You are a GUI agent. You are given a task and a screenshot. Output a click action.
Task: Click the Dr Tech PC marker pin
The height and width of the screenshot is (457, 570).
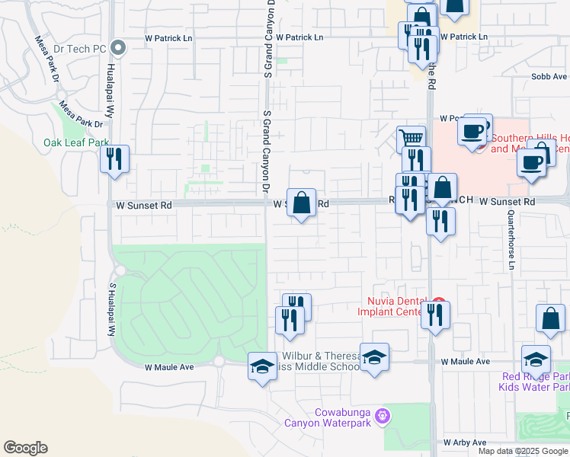[x=117, y=48]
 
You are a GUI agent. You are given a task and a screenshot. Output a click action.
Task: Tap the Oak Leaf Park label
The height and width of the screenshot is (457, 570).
[x=75, y=142]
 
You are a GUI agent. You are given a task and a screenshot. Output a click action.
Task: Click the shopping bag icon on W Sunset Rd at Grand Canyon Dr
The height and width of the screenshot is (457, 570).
[x=302, y=203]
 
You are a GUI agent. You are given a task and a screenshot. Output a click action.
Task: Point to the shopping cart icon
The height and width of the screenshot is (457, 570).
[x=411, y=139]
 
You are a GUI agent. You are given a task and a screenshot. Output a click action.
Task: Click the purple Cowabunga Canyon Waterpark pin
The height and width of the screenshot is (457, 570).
[x=383, y=416]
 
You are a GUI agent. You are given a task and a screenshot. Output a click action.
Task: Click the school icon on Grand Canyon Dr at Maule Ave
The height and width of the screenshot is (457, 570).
[x=262, y=366]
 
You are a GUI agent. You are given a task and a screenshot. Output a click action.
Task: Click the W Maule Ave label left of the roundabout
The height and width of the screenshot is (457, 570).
[x=169, y=366]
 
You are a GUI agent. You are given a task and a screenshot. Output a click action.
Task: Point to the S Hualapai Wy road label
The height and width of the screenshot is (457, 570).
[x=111, y=309]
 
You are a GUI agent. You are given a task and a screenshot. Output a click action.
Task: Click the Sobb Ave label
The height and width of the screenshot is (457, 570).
[x=549, y=77]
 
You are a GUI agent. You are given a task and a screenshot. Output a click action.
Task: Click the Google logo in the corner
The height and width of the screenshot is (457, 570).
[x=25, y=448]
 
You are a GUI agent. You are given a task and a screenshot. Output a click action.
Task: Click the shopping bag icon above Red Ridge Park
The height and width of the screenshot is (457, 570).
[x=550, y=319]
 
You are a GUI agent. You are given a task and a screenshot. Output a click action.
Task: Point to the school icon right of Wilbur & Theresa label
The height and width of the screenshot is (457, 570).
[x=374, y=358]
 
